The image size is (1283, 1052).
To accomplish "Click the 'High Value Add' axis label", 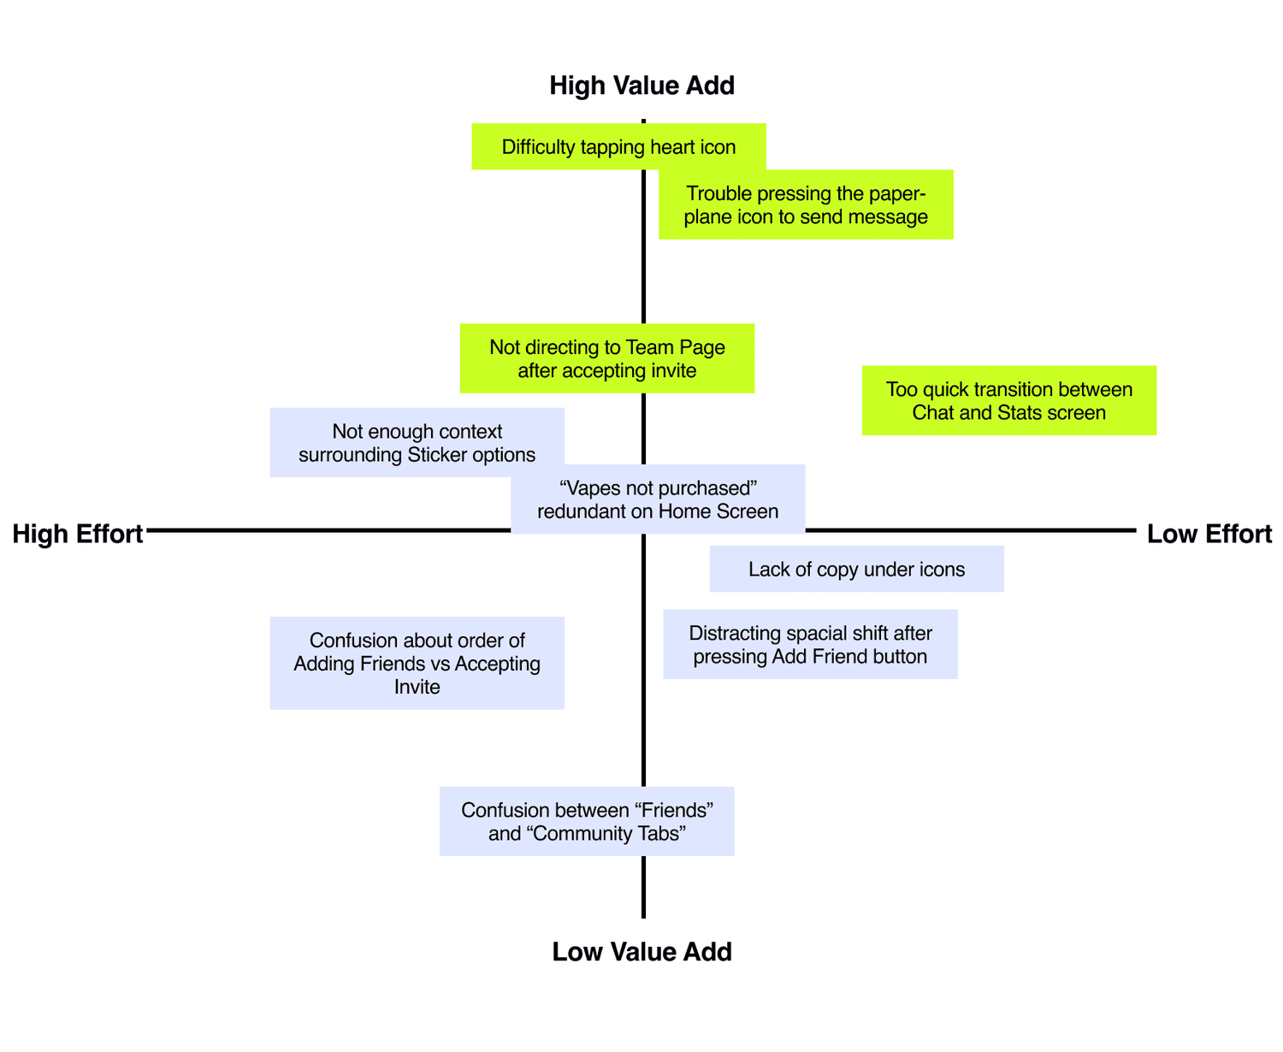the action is [641, 86].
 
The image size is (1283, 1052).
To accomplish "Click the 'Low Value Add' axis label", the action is [641, 951].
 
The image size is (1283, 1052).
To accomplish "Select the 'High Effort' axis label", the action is [77, 534].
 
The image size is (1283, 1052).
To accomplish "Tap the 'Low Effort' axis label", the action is [1209, 534].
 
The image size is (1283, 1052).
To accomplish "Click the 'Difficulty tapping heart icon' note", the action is [618, 146].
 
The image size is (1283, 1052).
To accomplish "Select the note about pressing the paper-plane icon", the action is [806, 204].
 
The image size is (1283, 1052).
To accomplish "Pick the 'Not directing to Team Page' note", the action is [606, 358].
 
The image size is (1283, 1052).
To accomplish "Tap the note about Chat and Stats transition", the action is [1008, 400].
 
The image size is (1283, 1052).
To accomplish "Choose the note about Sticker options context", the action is [417, 442].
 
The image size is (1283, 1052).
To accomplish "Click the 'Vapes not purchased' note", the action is [658, 499].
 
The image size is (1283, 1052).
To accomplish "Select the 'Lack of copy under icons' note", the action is [856, 569].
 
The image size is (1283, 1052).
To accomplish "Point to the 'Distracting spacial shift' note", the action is [810, 644].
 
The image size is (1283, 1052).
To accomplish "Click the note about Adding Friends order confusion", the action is [417, 663].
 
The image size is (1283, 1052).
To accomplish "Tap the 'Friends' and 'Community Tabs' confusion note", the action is [587, 821].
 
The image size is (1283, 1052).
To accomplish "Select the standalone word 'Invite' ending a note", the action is [417, 686].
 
